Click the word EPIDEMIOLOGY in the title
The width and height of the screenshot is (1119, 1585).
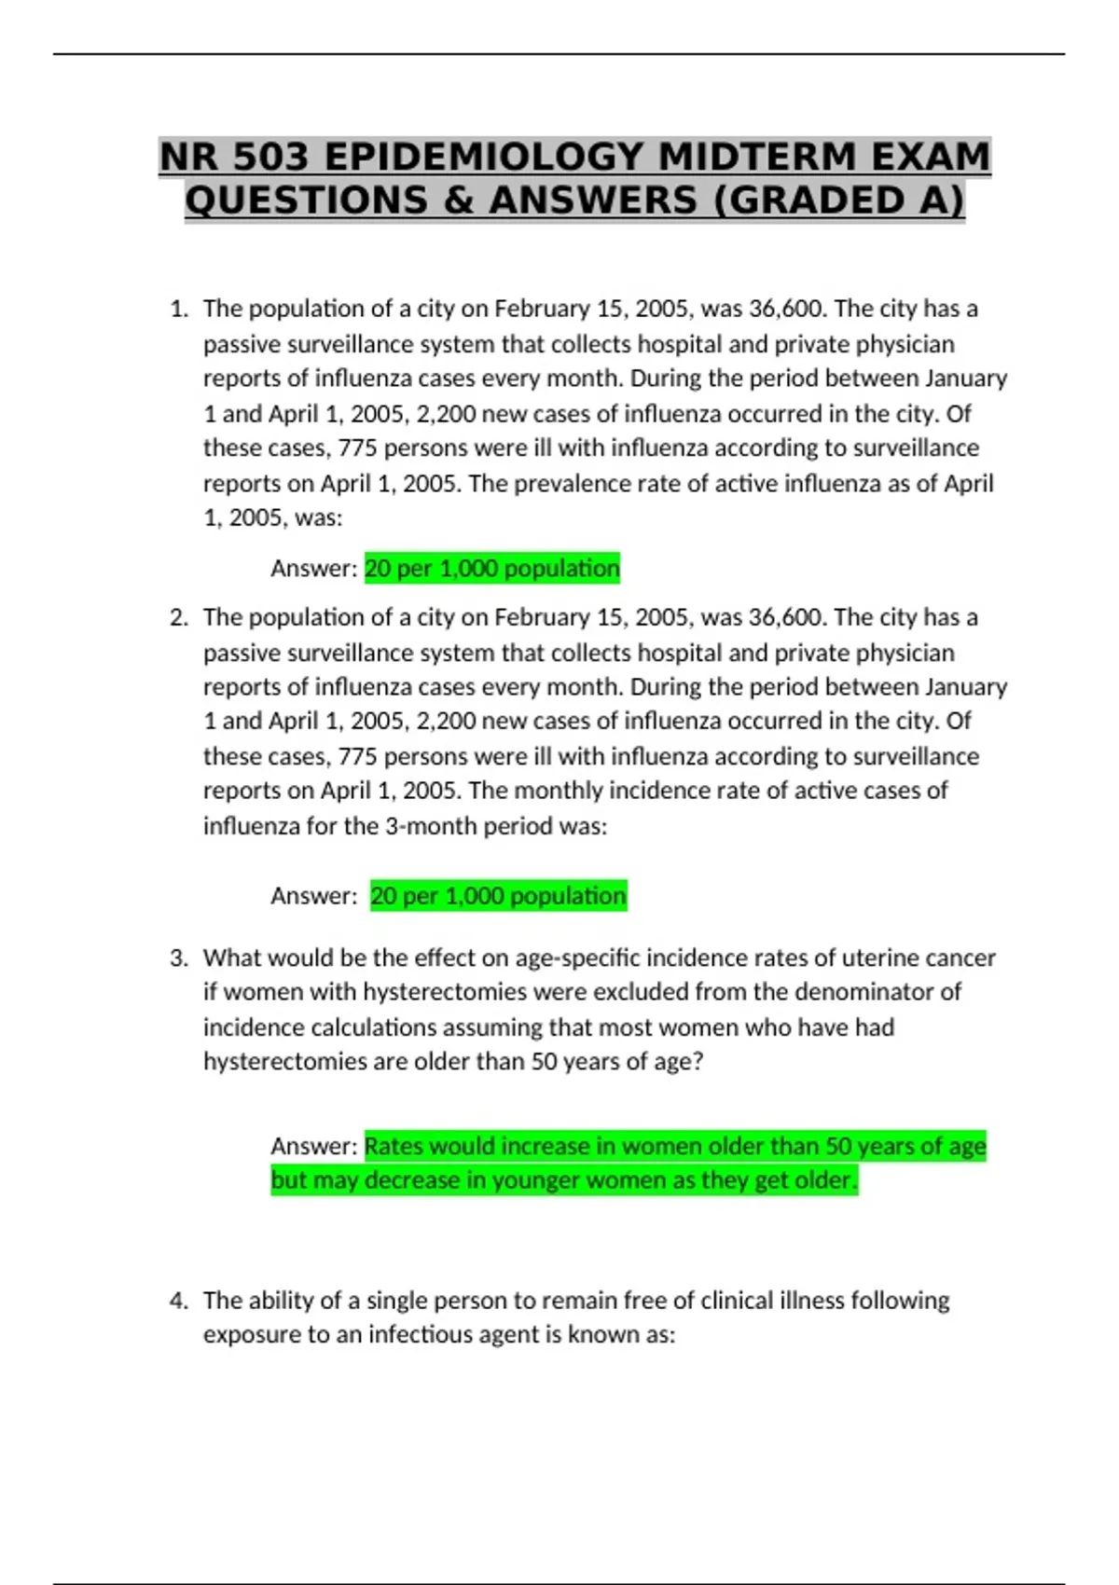pos(484,157)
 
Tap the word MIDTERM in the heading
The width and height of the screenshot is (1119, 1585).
pos(757,157)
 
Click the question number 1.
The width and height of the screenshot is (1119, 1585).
pos(179,309)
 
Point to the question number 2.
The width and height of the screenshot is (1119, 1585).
pos(179,617)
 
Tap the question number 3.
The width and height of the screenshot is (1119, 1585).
pos(179,958)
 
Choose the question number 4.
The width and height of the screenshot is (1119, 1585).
pos(179,1301)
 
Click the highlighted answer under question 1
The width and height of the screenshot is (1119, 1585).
pos(491,569)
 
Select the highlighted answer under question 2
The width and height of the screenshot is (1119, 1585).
pos(498,896)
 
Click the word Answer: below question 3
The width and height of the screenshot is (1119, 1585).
pos(313,1146)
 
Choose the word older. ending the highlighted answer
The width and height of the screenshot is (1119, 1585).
pos(825,1180)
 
